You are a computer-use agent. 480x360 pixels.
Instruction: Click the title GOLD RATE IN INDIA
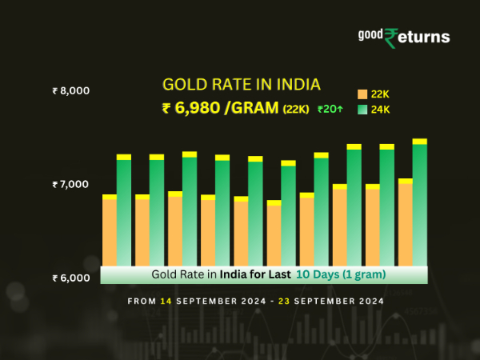pos(242,85)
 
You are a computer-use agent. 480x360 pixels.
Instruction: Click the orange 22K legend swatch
pos(362,94)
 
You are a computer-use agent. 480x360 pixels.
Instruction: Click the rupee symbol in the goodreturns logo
pos(391,38)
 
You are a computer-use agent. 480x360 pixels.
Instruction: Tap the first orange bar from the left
pos(110,231)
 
